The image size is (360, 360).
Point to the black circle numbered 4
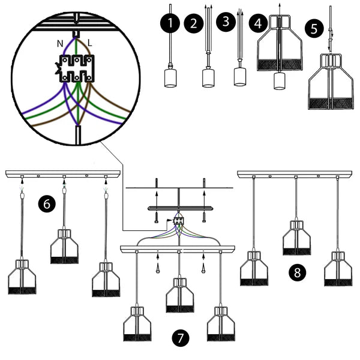(x=259, y=24)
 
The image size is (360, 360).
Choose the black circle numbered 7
(x=178, y=338)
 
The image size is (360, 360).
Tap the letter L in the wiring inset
(x=89, y=44)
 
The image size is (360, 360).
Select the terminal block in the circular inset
(x=76, y=69)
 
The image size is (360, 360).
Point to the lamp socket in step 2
(x=208, y=77)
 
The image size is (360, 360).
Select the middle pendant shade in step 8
(x=296, y=238)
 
